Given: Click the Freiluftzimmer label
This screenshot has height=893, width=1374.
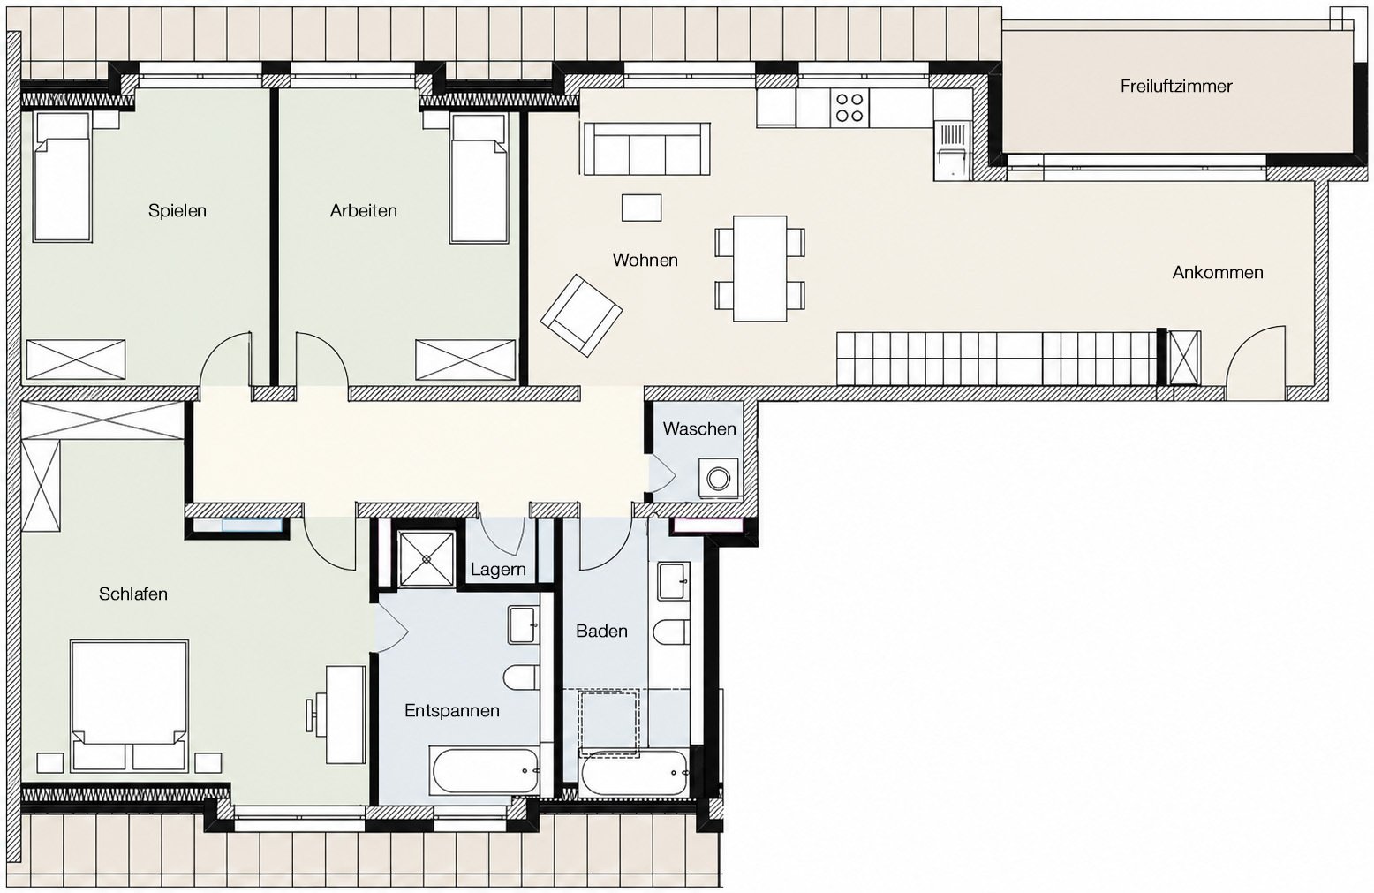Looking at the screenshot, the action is (1176, 86).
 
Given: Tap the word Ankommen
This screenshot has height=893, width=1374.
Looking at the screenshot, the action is (1218, 273).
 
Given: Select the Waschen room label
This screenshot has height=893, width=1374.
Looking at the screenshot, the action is (699, 428).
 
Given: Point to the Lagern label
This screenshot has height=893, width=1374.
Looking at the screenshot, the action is (498, 571).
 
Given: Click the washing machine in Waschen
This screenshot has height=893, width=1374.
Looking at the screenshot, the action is (718, 478).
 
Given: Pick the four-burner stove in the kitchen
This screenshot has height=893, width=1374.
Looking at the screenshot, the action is (850, 108).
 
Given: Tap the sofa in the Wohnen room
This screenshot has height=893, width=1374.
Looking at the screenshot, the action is (646, 148).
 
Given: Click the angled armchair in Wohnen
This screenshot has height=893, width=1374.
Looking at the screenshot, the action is (581, 314).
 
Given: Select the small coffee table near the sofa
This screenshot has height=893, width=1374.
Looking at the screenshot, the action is (642, 208).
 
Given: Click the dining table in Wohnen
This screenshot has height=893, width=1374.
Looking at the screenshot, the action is (760, 269).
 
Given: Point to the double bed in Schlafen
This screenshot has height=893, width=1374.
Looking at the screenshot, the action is (129, 706).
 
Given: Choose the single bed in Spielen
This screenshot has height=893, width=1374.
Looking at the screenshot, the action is (63, 178).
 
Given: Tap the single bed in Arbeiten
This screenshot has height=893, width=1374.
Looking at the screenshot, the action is (479, 178).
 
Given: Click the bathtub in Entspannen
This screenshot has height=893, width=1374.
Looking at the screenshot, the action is (485, 770).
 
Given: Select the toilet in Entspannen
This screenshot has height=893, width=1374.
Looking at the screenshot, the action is (521, 677).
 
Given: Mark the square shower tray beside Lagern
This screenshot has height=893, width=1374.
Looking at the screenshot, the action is (427, 558).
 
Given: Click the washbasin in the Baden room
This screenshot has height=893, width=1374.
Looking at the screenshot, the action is (674, 581).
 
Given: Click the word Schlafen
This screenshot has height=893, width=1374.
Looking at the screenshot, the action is (133, 594).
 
